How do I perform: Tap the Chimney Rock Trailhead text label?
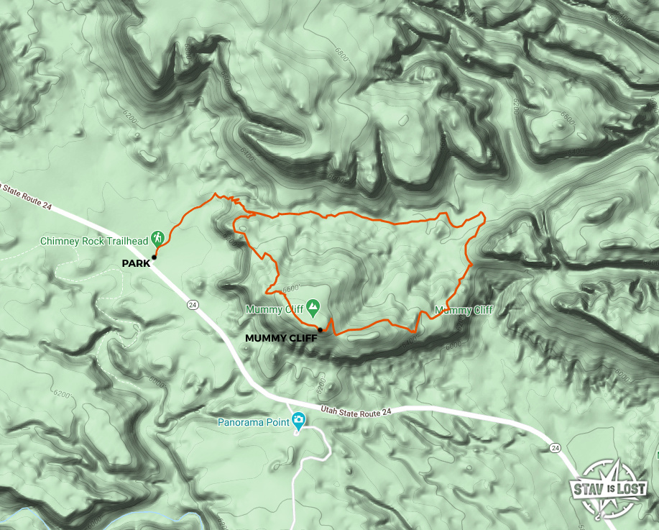coord(94,240)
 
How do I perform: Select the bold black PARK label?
coord(136,263)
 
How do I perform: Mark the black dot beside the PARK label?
coord(154,257)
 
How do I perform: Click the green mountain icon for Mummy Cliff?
coord(313,309)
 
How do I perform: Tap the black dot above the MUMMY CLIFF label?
coord(319,329)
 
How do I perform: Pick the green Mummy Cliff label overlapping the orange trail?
coord(464,311)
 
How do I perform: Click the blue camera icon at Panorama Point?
coord(299,421)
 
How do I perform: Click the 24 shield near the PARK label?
coord(193,305)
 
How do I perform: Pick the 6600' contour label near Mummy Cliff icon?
coord(290,288)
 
